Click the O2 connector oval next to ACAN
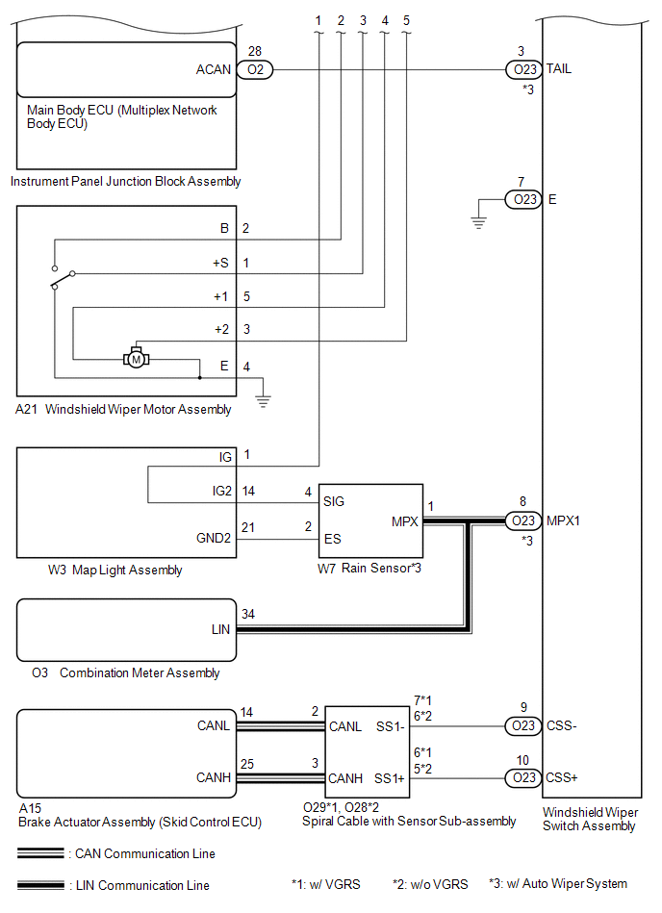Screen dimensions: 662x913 [255, 70]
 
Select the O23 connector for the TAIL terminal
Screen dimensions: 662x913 [524, 70]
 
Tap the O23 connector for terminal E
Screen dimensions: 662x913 [524, 200]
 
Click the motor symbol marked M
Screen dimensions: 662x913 [137, 359]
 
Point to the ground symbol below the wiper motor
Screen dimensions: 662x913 [264, 401]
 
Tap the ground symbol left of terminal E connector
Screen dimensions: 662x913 [478, 223]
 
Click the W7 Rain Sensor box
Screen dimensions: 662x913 [370, 520]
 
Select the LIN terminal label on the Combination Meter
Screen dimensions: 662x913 [220, 629]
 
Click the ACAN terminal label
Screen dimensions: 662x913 [214, 70]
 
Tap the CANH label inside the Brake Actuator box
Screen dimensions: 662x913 [214, 778]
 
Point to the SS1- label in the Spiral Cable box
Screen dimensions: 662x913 [390, 726]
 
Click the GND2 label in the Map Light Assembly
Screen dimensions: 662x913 [214, 538]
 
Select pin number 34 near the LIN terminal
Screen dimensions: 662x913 [248, 615]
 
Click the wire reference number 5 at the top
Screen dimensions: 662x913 [406, 21]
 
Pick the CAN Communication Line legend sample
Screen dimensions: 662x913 [40, 853]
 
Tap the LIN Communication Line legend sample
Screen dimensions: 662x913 [40, 886]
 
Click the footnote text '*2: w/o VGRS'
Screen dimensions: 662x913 [430, 884]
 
